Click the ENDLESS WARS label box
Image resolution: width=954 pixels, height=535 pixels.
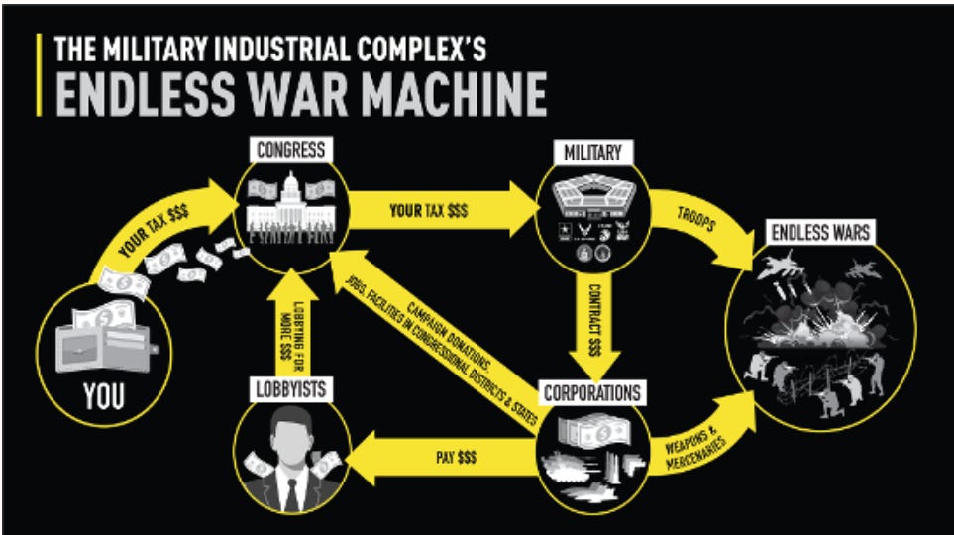819,234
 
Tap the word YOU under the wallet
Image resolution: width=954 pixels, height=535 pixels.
104,397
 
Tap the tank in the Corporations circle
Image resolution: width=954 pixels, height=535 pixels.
576,466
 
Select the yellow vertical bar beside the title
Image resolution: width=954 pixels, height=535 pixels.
40,74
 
